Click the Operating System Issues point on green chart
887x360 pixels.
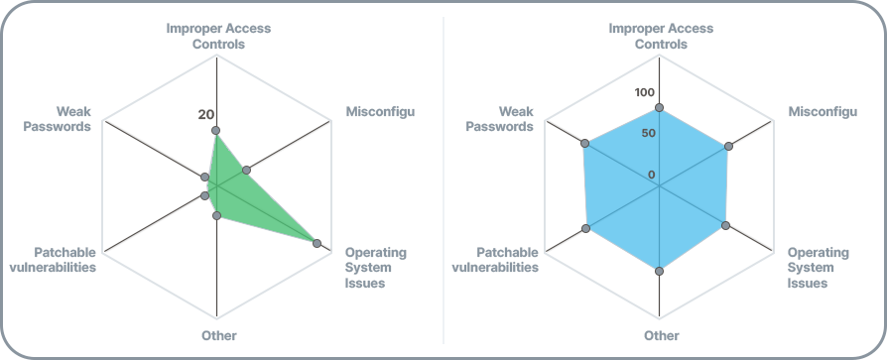[x=317, y=242]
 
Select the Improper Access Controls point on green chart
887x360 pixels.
[x=216, y=131]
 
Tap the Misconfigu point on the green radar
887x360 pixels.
[x=247, y=169]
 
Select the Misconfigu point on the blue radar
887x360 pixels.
[x=729, y=147]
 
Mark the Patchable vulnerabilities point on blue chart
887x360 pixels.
[x=586, y=229]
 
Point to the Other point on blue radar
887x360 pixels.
[x=659, y=268]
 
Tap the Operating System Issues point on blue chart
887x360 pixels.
[x=726, y=225]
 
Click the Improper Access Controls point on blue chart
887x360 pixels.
[x=659, y=107]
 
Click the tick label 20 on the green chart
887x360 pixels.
[x=206, y=114]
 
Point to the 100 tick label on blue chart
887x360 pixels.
[x=645, y=92]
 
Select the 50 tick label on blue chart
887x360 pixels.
[x=648, y=134]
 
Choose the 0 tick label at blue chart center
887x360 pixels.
[x=652, y=176]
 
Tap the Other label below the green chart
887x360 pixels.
[x=218, y=335]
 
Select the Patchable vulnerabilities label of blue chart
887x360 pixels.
[x=495, y=260]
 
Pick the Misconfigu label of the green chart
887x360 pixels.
[x=380, y=110]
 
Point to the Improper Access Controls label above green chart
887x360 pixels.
[x=218, y=36]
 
